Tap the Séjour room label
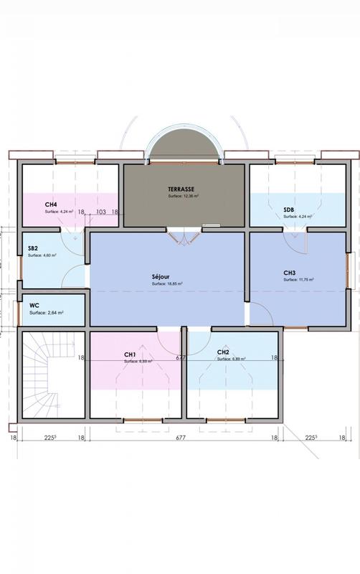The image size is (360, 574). coord(161,276)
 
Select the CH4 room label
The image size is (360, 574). coord(51,204)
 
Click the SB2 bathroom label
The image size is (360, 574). coord(33,248)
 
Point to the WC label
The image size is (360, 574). coord(34,305)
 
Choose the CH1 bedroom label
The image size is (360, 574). coord(130,354)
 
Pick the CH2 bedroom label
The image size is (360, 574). coord(223,352)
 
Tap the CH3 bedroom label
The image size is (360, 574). coord(290,273)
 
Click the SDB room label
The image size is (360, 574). coord(289,210)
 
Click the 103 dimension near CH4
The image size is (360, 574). coord(100,212)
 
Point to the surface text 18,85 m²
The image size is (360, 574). coord(167,284)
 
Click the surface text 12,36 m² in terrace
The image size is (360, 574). coord(184,196)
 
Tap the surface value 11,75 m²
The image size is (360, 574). coord(298,280)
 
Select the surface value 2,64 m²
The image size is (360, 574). coord(47,313)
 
